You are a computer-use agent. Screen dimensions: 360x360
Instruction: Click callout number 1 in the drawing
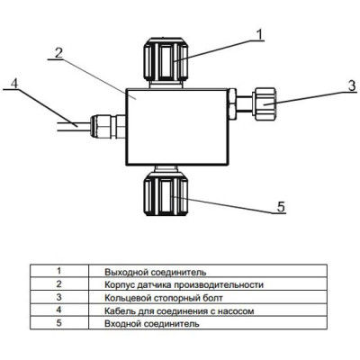click(259, 34)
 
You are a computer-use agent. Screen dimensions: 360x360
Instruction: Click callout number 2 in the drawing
click(58, 53)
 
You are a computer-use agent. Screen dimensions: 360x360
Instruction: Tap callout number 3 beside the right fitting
click(352, 85)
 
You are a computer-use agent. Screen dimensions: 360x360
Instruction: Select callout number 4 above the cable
click(14, 84)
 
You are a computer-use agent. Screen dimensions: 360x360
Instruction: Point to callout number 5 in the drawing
click(281, 207)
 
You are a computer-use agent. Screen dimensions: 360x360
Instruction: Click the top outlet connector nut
click(166, 58)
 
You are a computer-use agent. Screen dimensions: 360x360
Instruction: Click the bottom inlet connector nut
click(166, 194)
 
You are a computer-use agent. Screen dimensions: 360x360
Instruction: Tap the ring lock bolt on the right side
click(265, 103)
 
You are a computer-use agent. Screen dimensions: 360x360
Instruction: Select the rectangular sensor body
click(177, 127)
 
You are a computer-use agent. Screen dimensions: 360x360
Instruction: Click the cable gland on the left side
click(108, 127)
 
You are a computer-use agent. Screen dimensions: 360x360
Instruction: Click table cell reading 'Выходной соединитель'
click(156, 272)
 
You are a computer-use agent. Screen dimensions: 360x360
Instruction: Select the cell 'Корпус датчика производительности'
click(184, 284)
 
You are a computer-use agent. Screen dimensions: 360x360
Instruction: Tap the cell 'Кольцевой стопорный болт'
click(164, 298)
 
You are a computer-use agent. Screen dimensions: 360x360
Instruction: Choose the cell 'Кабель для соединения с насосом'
click(179, 310)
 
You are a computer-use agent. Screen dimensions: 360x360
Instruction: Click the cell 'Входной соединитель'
click(151, 324)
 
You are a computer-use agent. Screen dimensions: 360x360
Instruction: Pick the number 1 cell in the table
click(59, 271)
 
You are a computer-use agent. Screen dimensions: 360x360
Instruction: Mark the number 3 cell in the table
click(59, 297)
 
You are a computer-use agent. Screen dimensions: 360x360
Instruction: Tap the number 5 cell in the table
click(59, 323)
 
